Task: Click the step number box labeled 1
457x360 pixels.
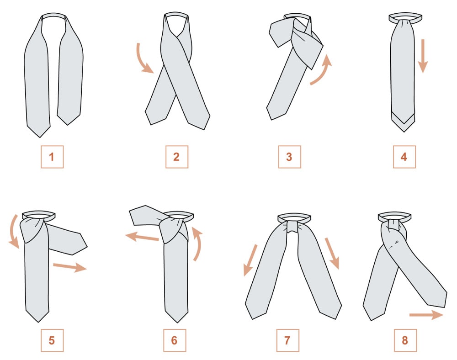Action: click(x=52, y=157)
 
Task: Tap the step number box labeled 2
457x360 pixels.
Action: click(x=176, y=157)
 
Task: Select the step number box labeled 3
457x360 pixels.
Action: click(x=289, y=157)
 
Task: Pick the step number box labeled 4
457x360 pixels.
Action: click(x=404, y=157)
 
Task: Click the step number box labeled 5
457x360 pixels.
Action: click(x=52, y=340)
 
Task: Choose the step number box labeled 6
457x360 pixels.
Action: click(x=175, y=340)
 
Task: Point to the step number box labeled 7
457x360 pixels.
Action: click(x=287, y=340)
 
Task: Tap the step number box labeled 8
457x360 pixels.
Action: click(x=405, y=340)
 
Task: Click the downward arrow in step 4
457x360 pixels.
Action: click(x=423, y=55)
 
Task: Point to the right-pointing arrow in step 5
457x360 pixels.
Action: click(x=70, y=266)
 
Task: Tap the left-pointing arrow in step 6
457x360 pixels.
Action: click(x=142, y=237)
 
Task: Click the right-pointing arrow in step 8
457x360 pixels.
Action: click(x=426, y=315)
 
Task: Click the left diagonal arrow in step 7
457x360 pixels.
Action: click(x=250, y=260)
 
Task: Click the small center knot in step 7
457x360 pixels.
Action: click(x=293, y=227)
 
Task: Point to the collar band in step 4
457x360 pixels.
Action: click(x=405, y=17)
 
